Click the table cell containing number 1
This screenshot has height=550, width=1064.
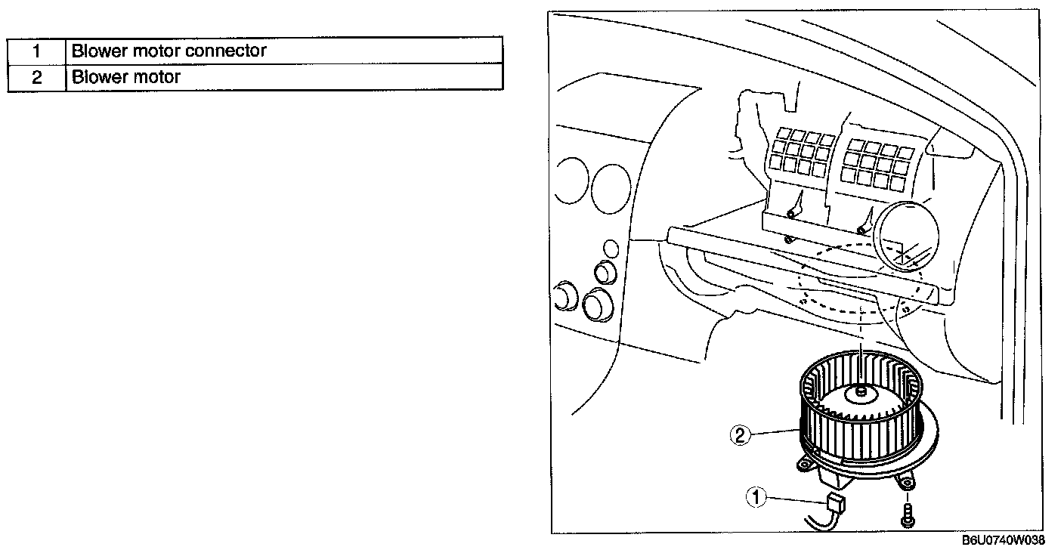coord(36,51)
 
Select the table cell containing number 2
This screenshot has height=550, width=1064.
coord(36,77)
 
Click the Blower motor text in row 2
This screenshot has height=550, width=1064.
coord(126,77)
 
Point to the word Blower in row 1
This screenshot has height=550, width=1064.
coord(94,51)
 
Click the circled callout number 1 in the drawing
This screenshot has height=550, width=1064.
coord(756,497)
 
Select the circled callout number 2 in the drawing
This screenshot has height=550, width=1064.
coord(740,434)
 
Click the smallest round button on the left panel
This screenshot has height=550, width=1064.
coord(611,247)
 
